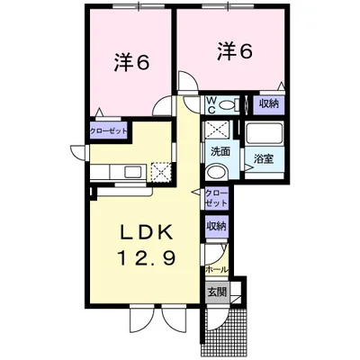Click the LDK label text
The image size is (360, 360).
pyautogui.click(x=147, y=232)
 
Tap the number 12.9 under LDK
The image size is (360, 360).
pyautogui.click(x=147, y=257)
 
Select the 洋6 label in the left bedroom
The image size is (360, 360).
pyautogui.click(x=131, y=62)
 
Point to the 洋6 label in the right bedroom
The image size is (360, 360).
pyautogui.click(x=235, y=51)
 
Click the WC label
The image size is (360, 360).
pyautogui.click(x=211, y=105)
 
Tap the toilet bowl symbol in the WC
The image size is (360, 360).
pyautogui.click(x=227, y=105)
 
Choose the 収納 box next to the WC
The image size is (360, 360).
pyautogui.click(x=269, y=104)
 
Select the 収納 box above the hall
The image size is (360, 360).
pyautogui.click(x=217, y=227)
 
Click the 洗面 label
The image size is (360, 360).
pyautogui.click(x=220, y=152)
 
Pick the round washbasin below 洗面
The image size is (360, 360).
pyautogui.click(x=218, y=172)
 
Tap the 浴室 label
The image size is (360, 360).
pyautogui.click(x=264, y=158)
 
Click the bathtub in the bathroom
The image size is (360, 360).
pyautogui.click(x=265, y=133)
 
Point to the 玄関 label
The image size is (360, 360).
pyautogui.click(x=218, y=292)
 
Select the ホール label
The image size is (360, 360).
pyautogui.click(x=217, y=269)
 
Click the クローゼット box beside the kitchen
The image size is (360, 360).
pyautogui.click(x=109, y=131)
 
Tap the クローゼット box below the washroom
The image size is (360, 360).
pyautogui.click(x=217, y=198)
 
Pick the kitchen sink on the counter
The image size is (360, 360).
pyautogui.click(x=132, y=173)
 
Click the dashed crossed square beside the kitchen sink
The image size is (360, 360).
pyautogui.click(x=161, y=172)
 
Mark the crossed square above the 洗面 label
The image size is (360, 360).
pyautogui.click(x=217, y=130)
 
